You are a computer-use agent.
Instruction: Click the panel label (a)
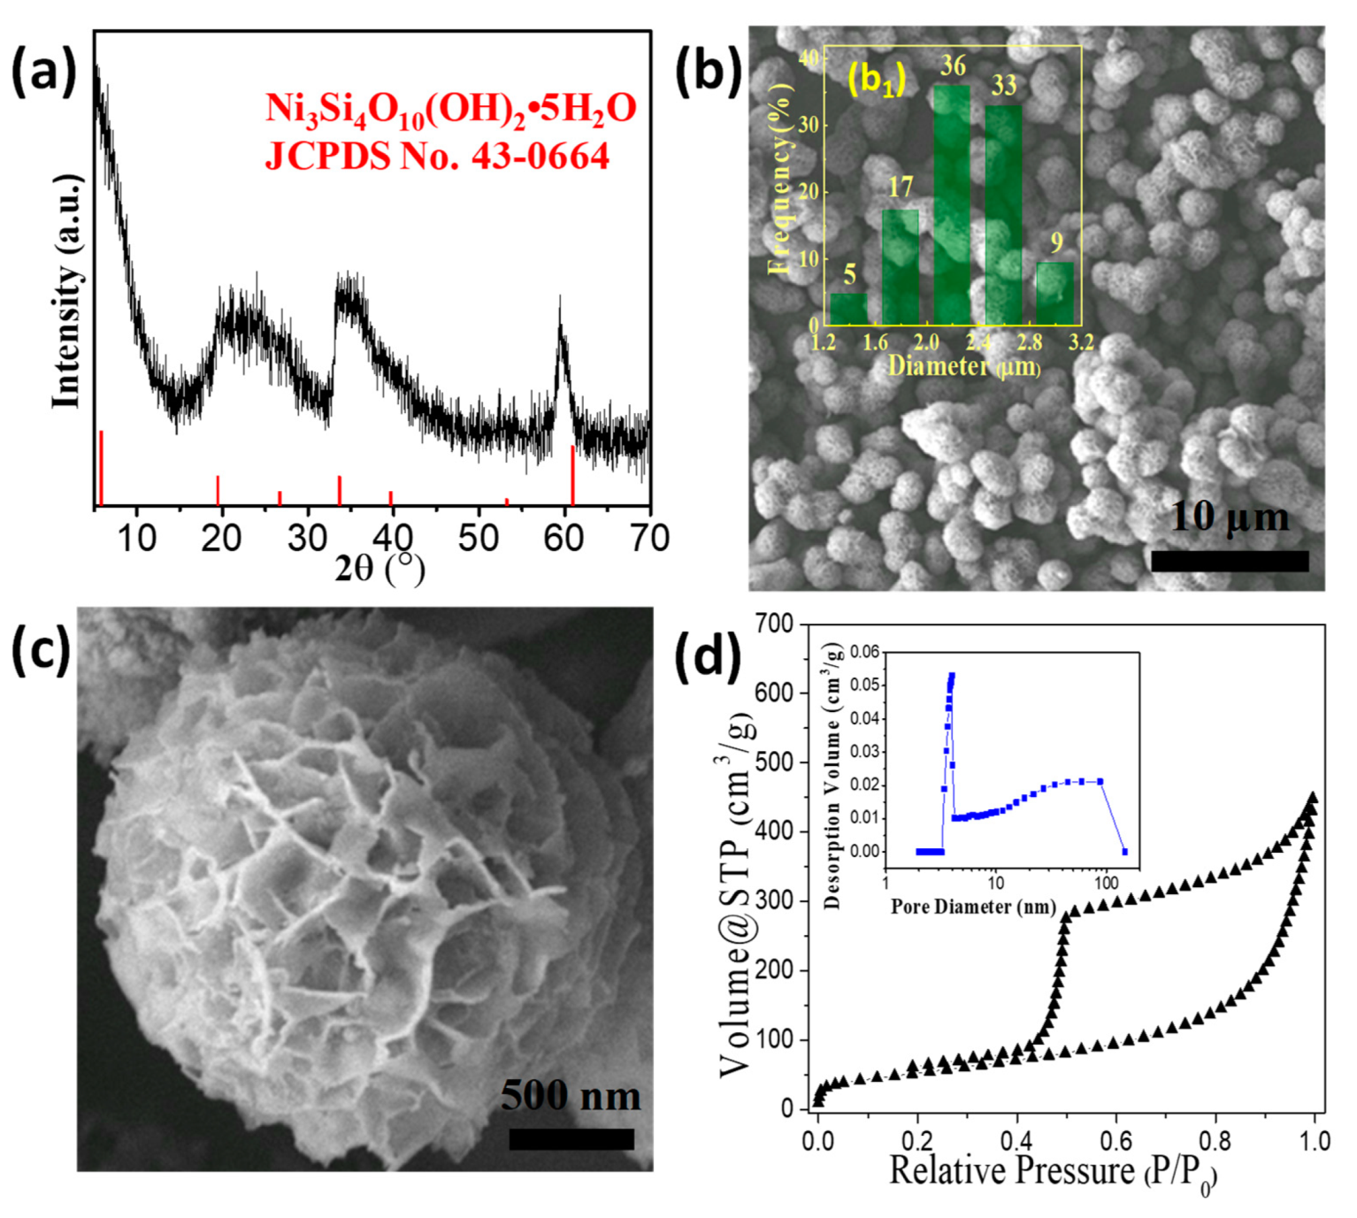[x=43, y=72]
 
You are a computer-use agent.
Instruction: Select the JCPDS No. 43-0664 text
[x=437, y=157]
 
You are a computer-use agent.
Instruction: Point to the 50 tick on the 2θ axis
[x=479, y=537]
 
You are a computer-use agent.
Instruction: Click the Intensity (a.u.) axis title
[x=67, y=292]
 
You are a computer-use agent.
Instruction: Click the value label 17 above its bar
[x=901, y=188]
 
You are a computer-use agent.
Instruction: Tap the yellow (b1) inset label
[x=876, y=80]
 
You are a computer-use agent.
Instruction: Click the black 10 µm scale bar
[x=1230, y=561]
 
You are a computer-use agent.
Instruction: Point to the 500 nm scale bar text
[x=571, y=1096]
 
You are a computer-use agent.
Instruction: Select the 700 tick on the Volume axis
[x=774, y=624]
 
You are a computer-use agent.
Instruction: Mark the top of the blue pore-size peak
[x=952, y=676]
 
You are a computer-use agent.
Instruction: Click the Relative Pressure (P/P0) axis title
[x=1053, y=1172]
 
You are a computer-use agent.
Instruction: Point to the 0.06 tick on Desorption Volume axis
[x=865, y=653]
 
